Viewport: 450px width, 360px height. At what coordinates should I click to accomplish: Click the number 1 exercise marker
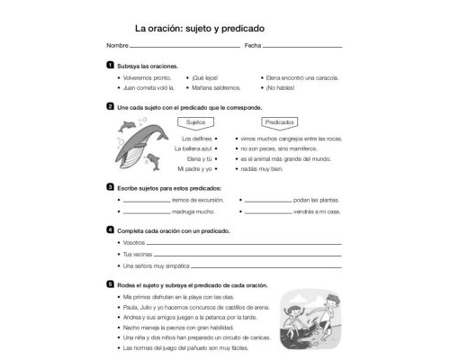click(110, 66)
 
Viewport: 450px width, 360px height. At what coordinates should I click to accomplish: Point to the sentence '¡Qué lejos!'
click(205, 77)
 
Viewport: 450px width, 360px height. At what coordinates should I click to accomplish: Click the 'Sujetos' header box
click(195, 121)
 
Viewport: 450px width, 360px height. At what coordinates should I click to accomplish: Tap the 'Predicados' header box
click(280, 121)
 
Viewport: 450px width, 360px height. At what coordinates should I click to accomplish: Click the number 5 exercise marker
click(110, 284)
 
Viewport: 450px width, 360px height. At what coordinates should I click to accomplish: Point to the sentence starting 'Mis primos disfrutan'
click(180, 296)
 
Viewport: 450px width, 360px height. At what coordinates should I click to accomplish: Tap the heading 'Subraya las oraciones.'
click(148, 66)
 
